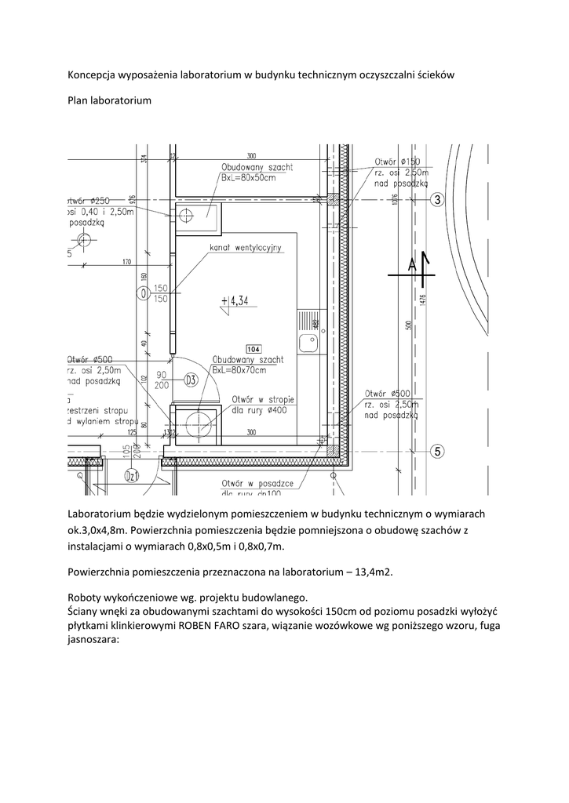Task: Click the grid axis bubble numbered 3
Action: pos(438,200)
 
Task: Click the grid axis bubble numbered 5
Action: pos(438,451)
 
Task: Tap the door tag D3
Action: pos(190,380)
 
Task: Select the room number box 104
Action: pos(253,348)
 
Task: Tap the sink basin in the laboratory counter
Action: pos(307,342)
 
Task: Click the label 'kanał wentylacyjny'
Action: pos(245,249)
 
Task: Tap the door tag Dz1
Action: pos(133,476)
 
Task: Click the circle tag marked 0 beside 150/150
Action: pos(142,293)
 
